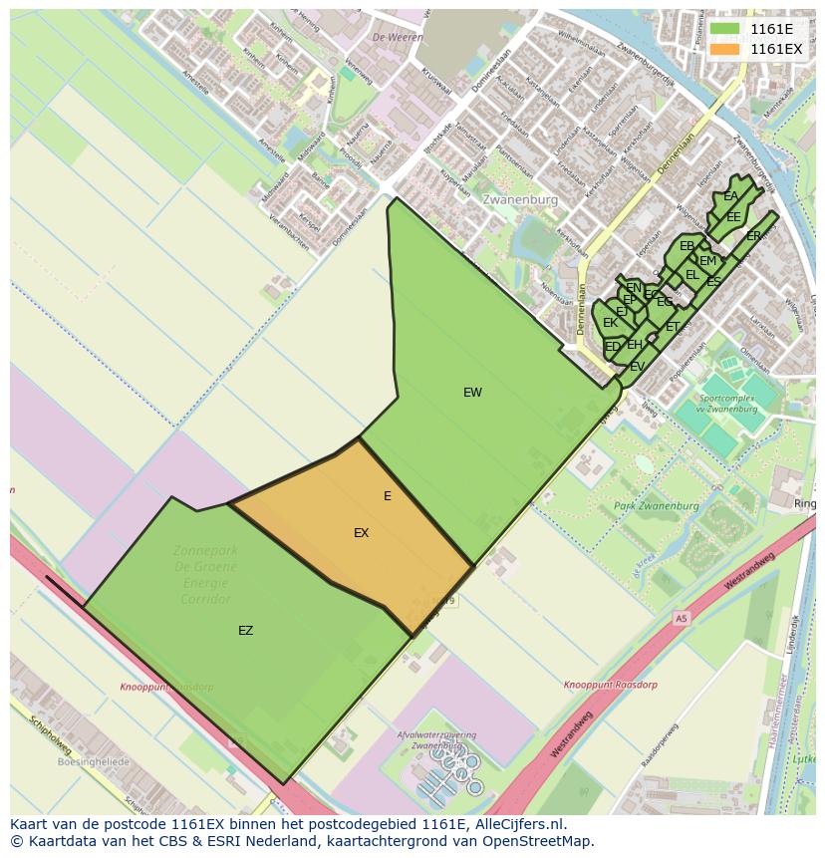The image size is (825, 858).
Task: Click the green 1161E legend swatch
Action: tap(723, 29)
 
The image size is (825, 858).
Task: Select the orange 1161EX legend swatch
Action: tap(723, 49)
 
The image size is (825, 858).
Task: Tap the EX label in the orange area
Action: tap(361, 533)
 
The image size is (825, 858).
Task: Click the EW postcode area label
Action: tap(472, 393)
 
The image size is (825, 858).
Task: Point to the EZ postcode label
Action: tap(245, 631)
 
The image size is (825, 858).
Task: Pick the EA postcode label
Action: tap(731, 196)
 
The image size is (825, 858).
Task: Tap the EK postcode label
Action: tap(610, 323)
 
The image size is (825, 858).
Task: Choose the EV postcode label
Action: tap(637, 367)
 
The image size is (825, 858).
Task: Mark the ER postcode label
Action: tap(753, 236)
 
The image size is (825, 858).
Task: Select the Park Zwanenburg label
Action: tap(656, 506)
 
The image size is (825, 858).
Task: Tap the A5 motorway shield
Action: tap(681, 618)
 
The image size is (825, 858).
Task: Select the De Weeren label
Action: tap(391, 37)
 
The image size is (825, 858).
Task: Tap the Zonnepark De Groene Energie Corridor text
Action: tap(206, 574)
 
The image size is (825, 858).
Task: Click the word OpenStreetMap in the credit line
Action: tap(538, 841)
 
